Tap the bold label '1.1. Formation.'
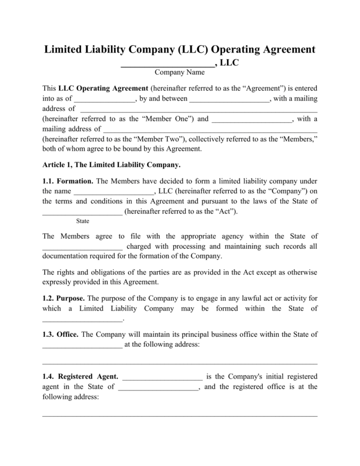coord(68,181)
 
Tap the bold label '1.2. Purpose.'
coord(64,299)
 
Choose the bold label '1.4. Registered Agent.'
coord(81,377)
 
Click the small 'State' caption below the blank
coord(82,221)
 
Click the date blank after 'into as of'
coord(104,99)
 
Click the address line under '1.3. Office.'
coord(180,363)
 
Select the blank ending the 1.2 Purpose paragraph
coord(82,320)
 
